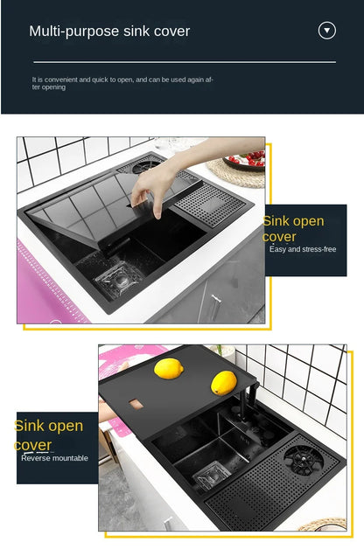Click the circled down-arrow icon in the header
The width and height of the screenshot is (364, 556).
pos(326,31)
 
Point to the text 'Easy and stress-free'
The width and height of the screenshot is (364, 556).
pos(303,249)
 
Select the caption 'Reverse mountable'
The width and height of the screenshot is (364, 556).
pos(54,458)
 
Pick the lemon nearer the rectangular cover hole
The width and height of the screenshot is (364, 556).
pos(169,368)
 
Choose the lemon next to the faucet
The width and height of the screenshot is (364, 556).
pos(223,383)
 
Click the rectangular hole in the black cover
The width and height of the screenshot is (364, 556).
pos(136,404)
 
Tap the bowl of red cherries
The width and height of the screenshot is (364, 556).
pos(246,161)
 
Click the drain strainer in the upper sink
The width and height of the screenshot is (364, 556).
pos(118,279)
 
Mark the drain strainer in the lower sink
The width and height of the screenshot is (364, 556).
pos(211,476)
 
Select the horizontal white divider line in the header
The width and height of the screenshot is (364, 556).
pos(185,62)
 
